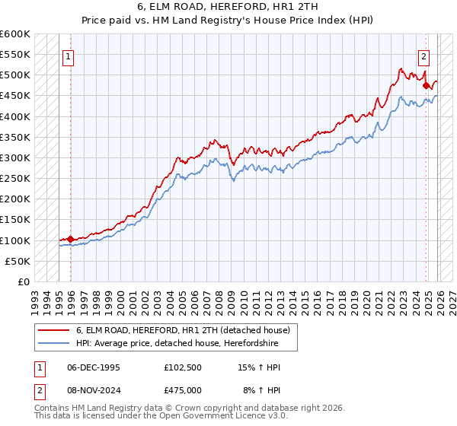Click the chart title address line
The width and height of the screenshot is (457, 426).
pyautogui.click(x=228, y=7)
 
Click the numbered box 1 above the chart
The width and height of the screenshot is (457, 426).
pyautogui.click(x=69, y=56)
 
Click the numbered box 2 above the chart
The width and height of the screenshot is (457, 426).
pyautogui.click(x=423, y=56)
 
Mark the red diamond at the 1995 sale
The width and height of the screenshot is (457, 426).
pyautogui.click(x=71, y=239)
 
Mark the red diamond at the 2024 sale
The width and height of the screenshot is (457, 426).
pyautogui.click(x=426, y=86)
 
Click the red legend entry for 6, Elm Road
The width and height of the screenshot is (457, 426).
pyautogui.click(x=182, y=331)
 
